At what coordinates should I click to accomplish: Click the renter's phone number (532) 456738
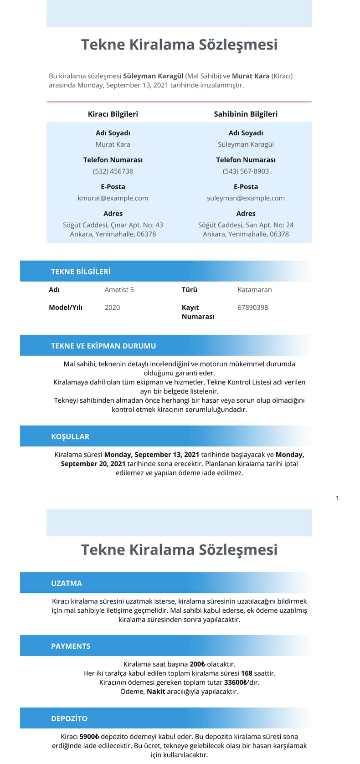[113, 171]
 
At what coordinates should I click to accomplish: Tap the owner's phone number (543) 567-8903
[246, 171]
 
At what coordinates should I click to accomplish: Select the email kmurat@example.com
[113, 198]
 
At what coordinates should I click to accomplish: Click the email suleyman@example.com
[246, 198]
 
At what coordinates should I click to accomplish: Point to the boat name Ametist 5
[119, 290]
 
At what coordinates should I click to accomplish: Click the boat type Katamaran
[255, 290]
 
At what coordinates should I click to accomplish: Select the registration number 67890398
[253, 308]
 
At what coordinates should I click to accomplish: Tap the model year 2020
[112, 308]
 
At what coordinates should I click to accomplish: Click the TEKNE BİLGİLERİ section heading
[81, 272]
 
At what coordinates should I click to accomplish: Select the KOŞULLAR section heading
[70, 436]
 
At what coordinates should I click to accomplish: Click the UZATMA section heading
[67, 583]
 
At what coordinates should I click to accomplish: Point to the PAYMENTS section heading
[71, 646]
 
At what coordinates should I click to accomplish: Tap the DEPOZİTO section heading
[69, 718]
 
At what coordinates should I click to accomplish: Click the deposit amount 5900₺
[89, 737]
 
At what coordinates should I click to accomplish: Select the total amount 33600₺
[236, 682]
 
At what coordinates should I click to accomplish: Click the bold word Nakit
[156, 692]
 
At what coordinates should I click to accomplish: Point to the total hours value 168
[247, 673]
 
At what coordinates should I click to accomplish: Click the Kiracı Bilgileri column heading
[113, 114]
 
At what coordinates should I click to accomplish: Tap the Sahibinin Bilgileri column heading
[246, 114]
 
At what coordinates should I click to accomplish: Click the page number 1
[337, 498]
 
